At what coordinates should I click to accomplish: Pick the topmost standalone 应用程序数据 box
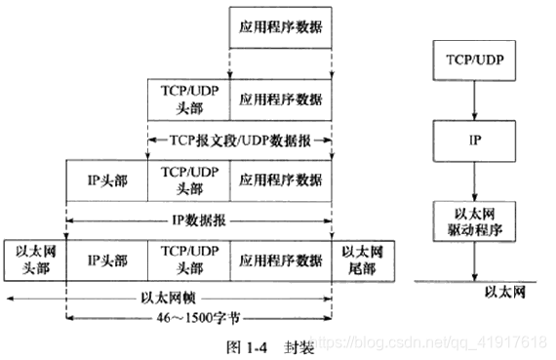(x=281, y=30)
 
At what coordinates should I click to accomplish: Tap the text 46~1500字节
(x=200, y=318)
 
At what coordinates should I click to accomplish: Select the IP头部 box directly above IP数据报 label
(x=106, y=180)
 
